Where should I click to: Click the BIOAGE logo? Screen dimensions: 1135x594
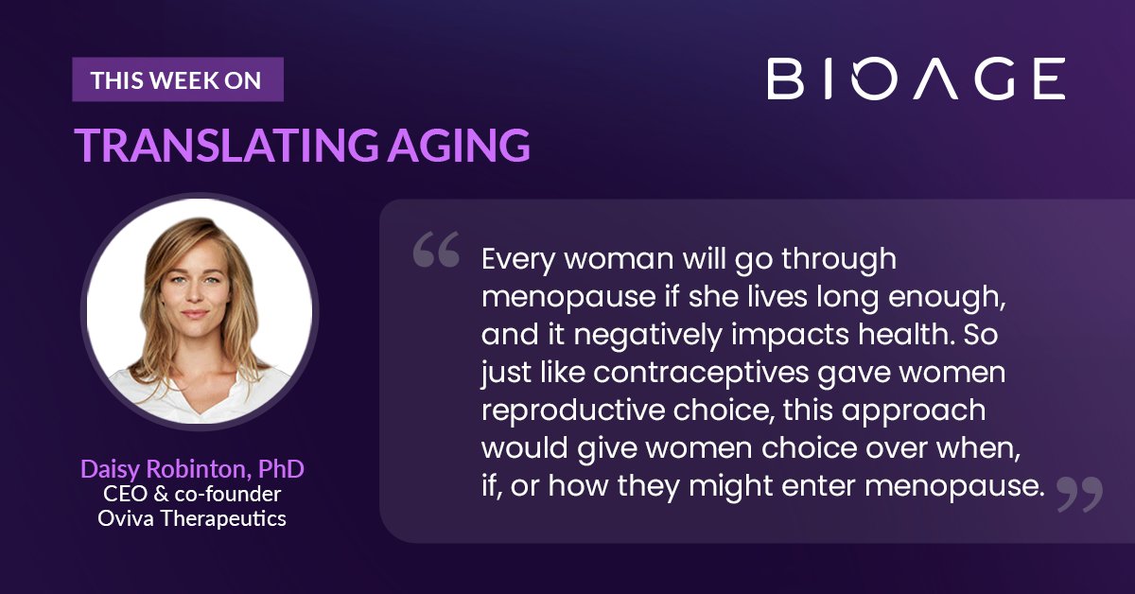pos(917,79)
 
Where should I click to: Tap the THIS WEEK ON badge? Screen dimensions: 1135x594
pos(178,79)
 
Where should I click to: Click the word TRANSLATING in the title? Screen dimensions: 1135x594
pos(226,146)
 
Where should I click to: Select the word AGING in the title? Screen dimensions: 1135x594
pos(459,146)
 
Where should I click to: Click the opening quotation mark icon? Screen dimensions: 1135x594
pos(436,249)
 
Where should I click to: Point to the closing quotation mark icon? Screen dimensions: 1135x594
pos(1080,494)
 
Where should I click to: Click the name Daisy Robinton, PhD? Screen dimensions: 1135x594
pos(192,469)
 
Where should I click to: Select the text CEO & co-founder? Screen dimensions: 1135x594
pos(192,494)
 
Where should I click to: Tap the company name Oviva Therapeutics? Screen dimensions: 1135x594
pos(192,518)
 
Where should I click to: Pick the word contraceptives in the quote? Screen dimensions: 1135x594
pos(701,374)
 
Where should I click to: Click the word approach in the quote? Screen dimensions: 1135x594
pos(914,411)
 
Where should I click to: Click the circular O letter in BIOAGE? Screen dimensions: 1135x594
pos(875,79)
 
